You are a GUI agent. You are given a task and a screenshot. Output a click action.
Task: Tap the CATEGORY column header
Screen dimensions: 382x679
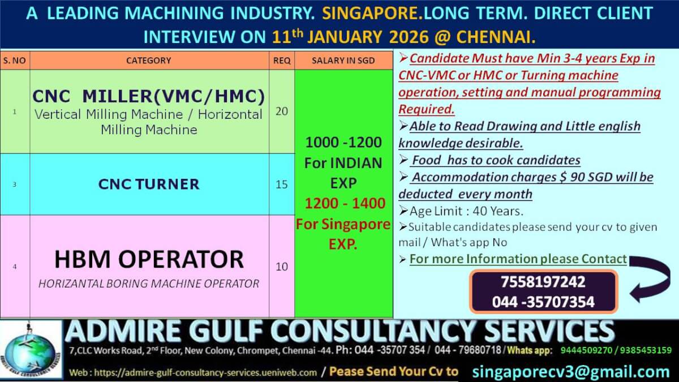point(148,61)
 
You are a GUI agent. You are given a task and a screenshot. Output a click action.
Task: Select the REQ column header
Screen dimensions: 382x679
point(281,61)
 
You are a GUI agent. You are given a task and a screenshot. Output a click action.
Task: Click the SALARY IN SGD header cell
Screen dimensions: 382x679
point(343,61)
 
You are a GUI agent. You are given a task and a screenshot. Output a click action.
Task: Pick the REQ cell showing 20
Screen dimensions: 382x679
point(281,111)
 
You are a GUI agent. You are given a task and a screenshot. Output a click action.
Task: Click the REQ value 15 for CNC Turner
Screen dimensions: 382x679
point(281,184)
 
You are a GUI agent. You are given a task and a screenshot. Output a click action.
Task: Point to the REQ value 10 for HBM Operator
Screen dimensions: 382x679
point(281,267)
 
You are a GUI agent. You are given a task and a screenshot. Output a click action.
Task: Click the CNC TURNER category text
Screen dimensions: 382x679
point(149,184)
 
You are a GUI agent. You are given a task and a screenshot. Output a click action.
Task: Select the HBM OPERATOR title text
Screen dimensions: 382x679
point(149,260)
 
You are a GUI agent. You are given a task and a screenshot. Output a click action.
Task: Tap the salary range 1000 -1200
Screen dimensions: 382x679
point(343,143)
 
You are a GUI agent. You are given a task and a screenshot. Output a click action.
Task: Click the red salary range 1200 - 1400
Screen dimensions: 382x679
point(343,203)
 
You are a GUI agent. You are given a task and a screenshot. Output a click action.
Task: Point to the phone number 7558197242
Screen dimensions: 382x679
point(543,282)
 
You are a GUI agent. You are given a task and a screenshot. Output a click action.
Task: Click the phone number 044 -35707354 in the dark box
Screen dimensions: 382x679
point(543,302)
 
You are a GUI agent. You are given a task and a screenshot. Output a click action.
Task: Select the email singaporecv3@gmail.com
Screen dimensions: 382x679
point(570,372)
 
